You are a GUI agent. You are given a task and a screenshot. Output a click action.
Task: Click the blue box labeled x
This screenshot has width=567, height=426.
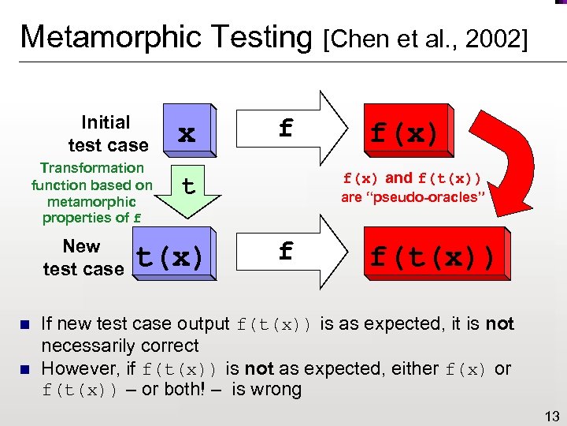(x=186, y=133)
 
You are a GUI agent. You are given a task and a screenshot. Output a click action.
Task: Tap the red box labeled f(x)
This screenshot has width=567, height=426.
(x=404, y=133)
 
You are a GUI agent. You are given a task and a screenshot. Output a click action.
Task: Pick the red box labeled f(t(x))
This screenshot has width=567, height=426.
(x=432, y=256)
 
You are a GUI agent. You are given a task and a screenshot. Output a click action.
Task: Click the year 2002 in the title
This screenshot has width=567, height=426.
(x=491, y=39)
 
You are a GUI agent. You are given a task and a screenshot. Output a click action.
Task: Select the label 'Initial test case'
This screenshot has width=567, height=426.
(x=106, y=133)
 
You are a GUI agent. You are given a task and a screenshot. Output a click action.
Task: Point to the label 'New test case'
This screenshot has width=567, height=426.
(x=83, y=257)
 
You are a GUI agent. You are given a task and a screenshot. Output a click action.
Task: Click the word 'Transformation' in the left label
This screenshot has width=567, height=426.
(x=91, y=167)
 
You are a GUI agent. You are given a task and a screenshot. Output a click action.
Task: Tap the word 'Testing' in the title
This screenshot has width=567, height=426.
(x=261, y=37)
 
